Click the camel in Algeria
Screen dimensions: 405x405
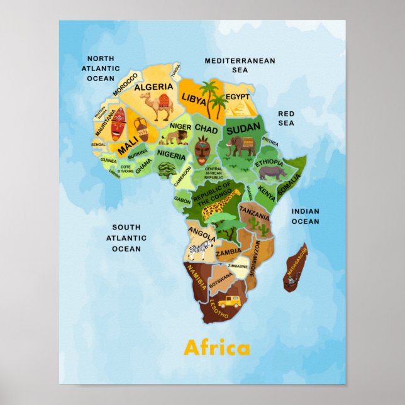[x=161, y=106]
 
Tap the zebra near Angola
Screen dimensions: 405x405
[x=199, y=252]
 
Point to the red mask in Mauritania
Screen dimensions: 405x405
[x=118, y=124]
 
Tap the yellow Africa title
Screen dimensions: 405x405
[x=216, y=348]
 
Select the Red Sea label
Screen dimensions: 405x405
[x=286, y=118]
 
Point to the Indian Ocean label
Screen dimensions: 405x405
[x=305, y=216]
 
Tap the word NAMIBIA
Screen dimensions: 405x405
[x=196, y=277]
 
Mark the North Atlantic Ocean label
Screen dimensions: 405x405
[x=101, y=68]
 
